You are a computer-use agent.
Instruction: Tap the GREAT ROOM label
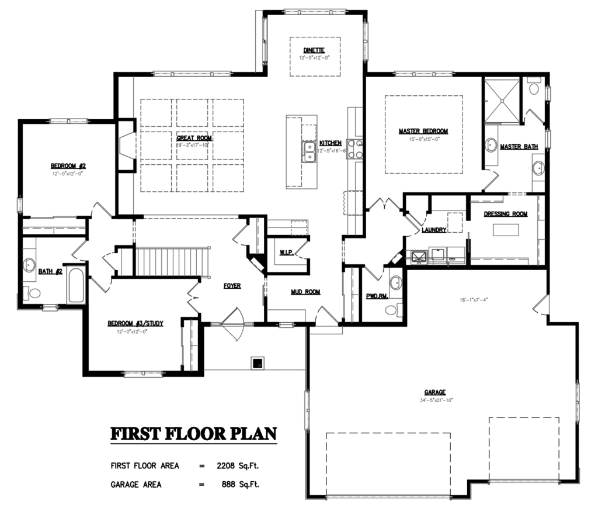194,139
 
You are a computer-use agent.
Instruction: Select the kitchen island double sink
309,151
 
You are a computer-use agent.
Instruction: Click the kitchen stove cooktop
354,148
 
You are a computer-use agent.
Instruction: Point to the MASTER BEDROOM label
423,131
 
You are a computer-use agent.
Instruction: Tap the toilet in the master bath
533,88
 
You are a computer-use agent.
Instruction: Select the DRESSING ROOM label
505,214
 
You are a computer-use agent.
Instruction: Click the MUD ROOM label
305,292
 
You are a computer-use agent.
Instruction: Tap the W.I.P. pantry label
286,253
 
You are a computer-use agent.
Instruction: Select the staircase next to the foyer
172,261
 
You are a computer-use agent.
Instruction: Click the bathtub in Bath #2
76,285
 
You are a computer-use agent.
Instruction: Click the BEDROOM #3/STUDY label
135,323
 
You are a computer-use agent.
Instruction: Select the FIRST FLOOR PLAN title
193,434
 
